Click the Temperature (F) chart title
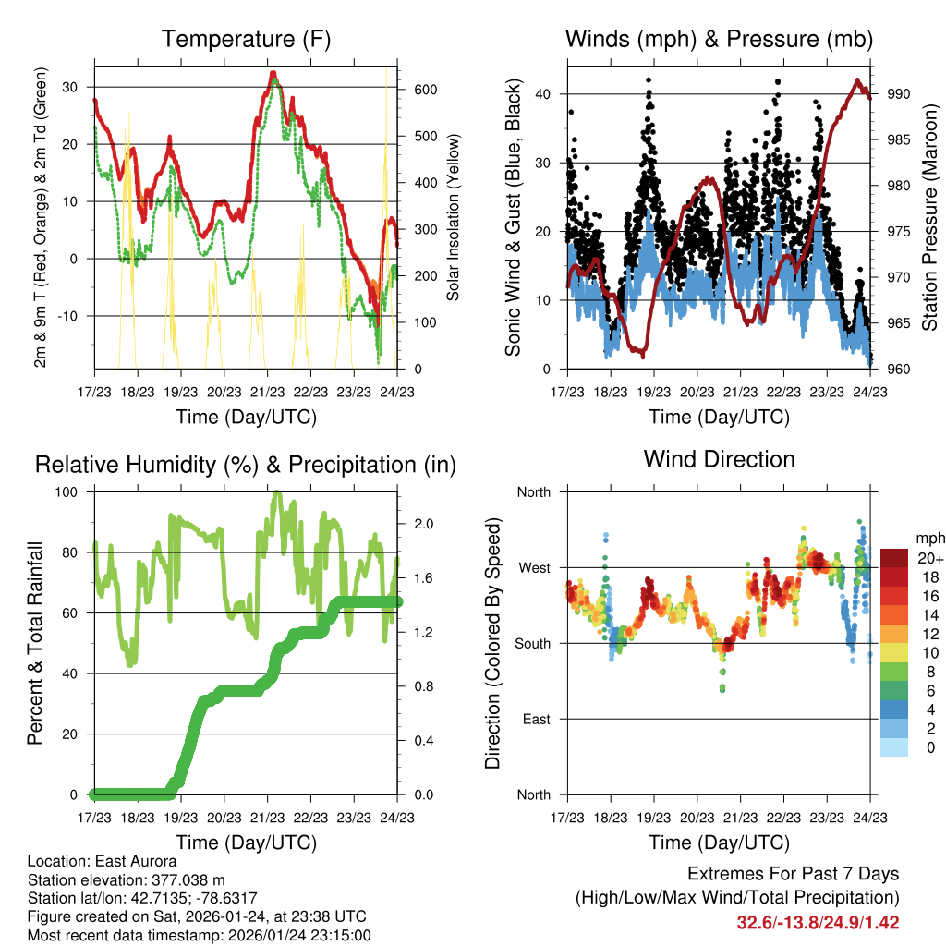coord(246,40)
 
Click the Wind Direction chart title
coord(719,459)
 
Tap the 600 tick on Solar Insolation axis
coord(425,90)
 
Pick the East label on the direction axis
coord(536,719)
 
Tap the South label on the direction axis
coord(533,643)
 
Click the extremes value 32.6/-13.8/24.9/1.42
coord(818,923)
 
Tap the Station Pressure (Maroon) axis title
coord(930,218)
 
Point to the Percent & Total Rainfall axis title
coord(36,643)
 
